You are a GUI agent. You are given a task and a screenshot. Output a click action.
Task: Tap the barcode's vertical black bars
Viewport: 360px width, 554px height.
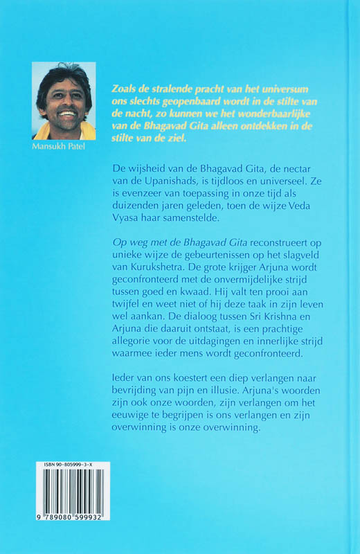click(x=66, y=496)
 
